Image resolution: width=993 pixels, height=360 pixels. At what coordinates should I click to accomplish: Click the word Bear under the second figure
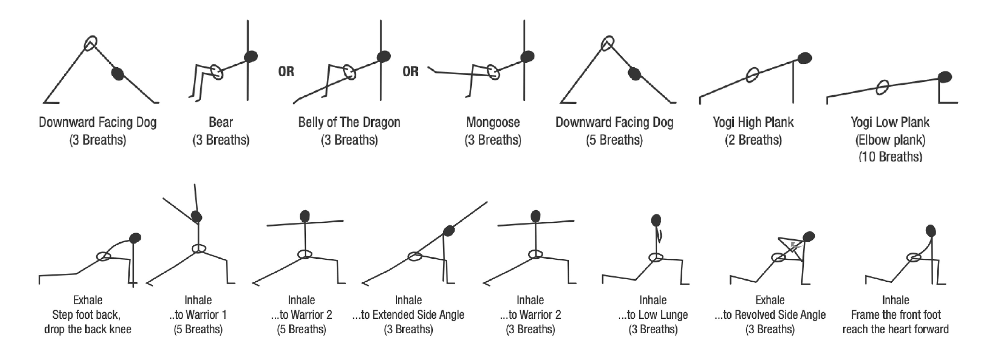(x=221, y=123)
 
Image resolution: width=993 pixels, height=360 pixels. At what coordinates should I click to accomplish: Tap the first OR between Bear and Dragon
(x=286, y=72)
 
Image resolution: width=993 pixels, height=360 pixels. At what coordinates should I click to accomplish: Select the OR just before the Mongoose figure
(x=410, y=72)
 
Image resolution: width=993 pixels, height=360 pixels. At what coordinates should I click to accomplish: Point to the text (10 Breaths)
(x=890, y=156)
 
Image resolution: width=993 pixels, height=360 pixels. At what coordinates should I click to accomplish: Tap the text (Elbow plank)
(x=890, y=140)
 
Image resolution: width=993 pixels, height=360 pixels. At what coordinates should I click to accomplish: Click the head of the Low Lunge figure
(x=656, y=220)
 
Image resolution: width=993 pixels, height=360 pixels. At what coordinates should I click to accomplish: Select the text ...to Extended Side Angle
(x=408, y=315)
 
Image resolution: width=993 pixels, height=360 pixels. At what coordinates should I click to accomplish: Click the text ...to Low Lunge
(x=653, y=315)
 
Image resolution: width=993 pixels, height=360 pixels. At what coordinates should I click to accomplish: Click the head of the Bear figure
(x=251, y=57)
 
